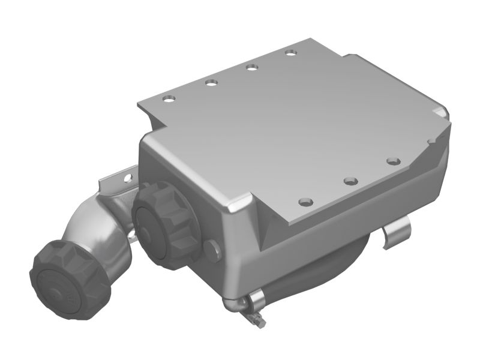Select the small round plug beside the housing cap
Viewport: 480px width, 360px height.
click(211, 248)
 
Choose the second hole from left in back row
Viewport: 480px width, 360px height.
click(211, 82)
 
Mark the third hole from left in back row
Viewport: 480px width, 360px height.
click(252, 67)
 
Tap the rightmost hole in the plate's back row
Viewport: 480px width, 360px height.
click(292, 53)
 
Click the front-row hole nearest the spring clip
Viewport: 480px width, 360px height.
click(393, 161)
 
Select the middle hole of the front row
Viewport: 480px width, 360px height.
click(351, 180)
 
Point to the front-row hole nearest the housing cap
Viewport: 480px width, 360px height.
click(306, 201)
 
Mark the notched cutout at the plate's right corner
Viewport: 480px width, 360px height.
click(441, 114)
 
